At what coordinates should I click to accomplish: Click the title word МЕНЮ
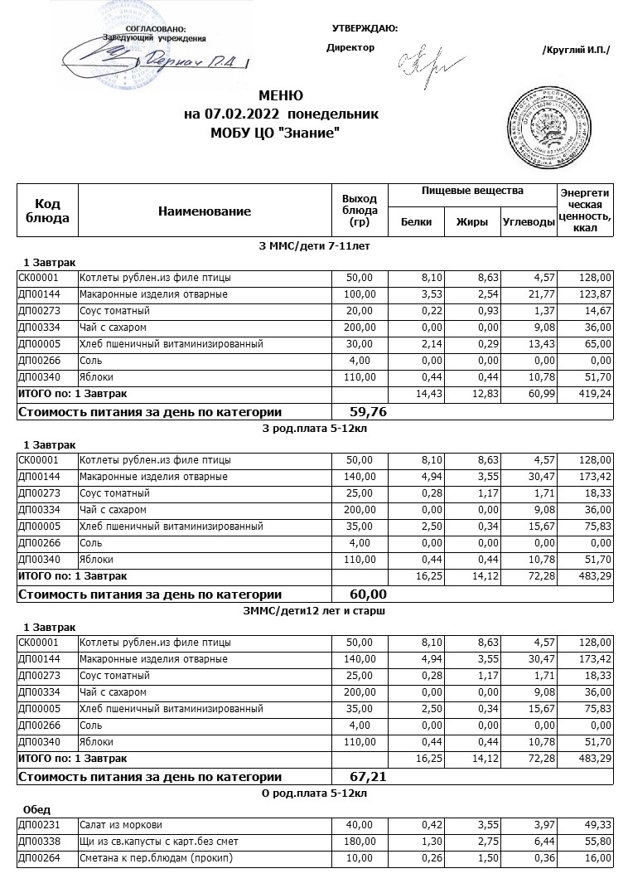coord(281,95)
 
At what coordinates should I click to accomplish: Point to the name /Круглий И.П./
coord(575,50)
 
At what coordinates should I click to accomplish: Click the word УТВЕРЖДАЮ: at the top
coord(365,29)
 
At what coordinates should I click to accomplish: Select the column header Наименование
coord(205,211)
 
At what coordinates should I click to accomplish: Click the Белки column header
coord(416,221)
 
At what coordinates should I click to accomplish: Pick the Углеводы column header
coord(529,221)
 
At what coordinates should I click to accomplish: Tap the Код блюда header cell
coord(48,211)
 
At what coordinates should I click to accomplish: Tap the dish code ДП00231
coord(39,825)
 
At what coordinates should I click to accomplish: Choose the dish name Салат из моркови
coord(121,825)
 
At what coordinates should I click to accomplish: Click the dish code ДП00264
coord(39,858)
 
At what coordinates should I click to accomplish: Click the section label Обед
coord(37,809)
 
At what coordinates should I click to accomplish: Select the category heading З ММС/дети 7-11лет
coord(313,246)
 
